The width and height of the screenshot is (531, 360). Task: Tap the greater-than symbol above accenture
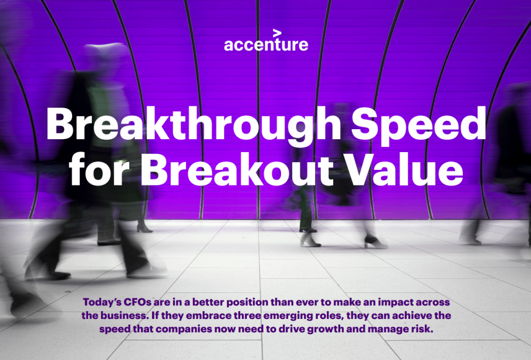[x=277, y=33]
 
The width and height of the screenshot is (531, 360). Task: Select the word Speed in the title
[x=418, y=125]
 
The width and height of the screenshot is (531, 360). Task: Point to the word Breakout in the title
[x=238, y=169]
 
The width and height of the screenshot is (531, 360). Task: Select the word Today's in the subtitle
[x=102, y=302]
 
